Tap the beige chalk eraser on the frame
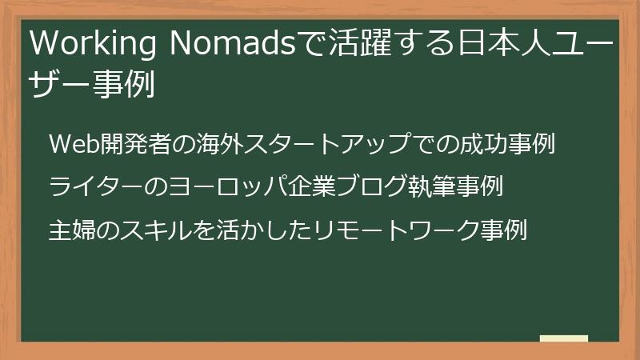point(563,339)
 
